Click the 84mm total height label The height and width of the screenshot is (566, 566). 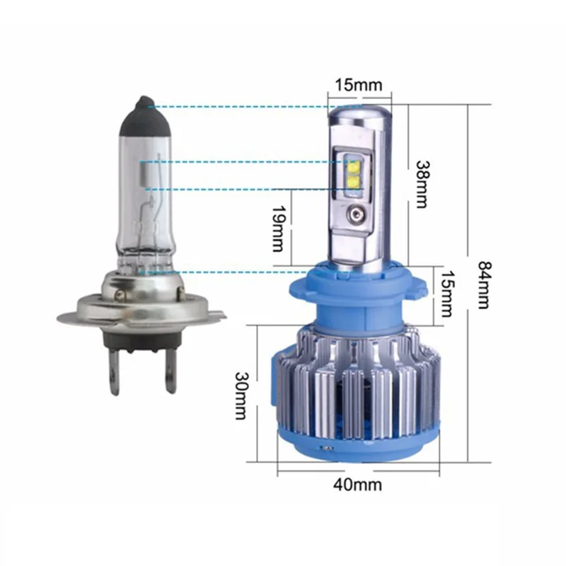coord(484,284)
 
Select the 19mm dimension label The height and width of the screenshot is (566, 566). coord(277,229)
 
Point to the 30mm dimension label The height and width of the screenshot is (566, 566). coord(241,395)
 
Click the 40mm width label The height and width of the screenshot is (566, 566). coord(357,485)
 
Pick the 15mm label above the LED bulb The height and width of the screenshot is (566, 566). coord(359,85)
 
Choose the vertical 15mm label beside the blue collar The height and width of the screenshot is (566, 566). coord(446,294)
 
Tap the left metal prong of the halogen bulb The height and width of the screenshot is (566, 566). coord(115,372)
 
